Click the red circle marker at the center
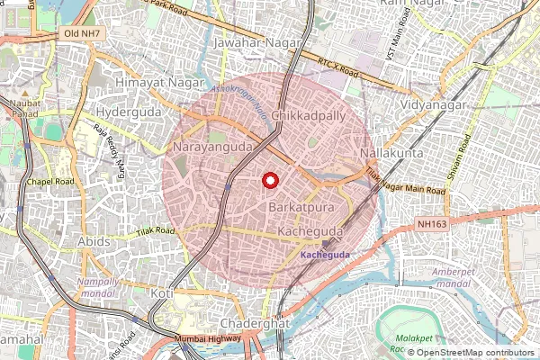268,180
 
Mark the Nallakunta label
391,155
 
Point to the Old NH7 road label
80,33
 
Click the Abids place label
94,242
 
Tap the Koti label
162,293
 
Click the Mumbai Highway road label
209,338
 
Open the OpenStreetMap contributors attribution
475,353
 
